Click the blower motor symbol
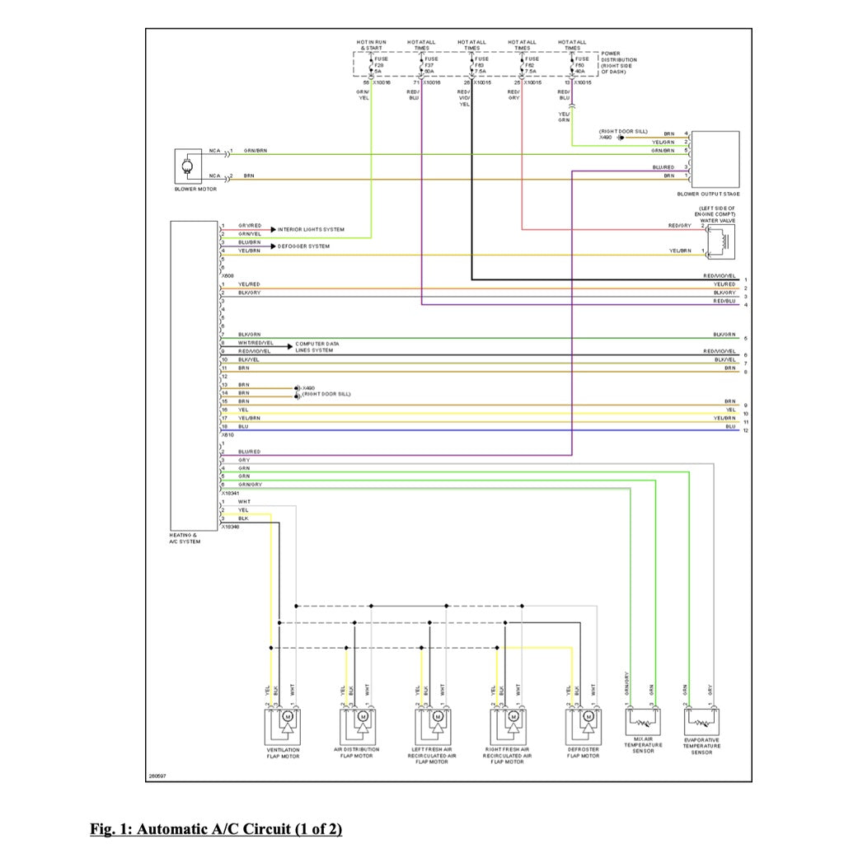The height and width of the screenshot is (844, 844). (189, 167)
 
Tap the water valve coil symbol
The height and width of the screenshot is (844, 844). (723, 238)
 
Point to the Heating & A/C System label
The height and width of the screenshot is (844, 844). (185, 538)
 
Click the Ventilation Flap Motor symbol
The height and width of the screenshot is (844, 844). (284, 725)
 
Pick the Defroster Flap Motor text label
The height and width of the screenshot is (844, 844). (584, 753)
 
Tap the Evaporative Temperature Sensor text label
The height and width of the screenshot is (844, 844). (701, 745)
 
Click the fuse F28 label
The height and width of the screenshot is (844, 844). (379, 65)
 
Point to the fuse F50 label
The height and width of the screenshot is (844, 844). (580, 65)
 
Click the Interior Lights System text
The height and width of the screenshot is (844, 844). (311, 229)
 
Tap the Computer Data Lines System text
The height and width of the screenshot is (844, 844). (316, 347)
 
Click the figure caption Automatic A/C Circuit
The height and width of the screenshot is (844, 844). (216, 828)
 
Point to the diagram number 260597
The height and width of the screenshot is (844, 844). (157, 776)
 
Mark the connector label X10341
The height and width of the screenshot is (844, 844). (230, 493)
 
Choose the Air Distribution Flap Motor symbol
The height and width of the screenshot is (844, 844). (357, 725)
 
